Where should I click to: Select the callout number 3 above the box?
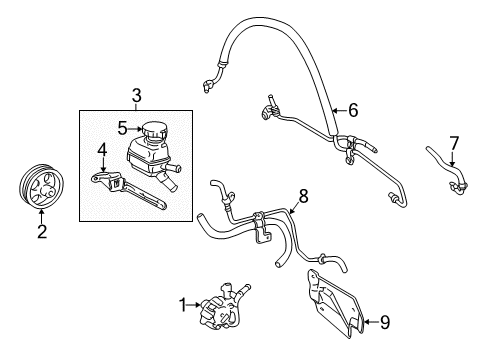(136, 96)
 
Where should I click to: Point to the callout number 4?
(101, 151)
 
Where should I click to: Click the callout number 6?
(353, 112)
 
